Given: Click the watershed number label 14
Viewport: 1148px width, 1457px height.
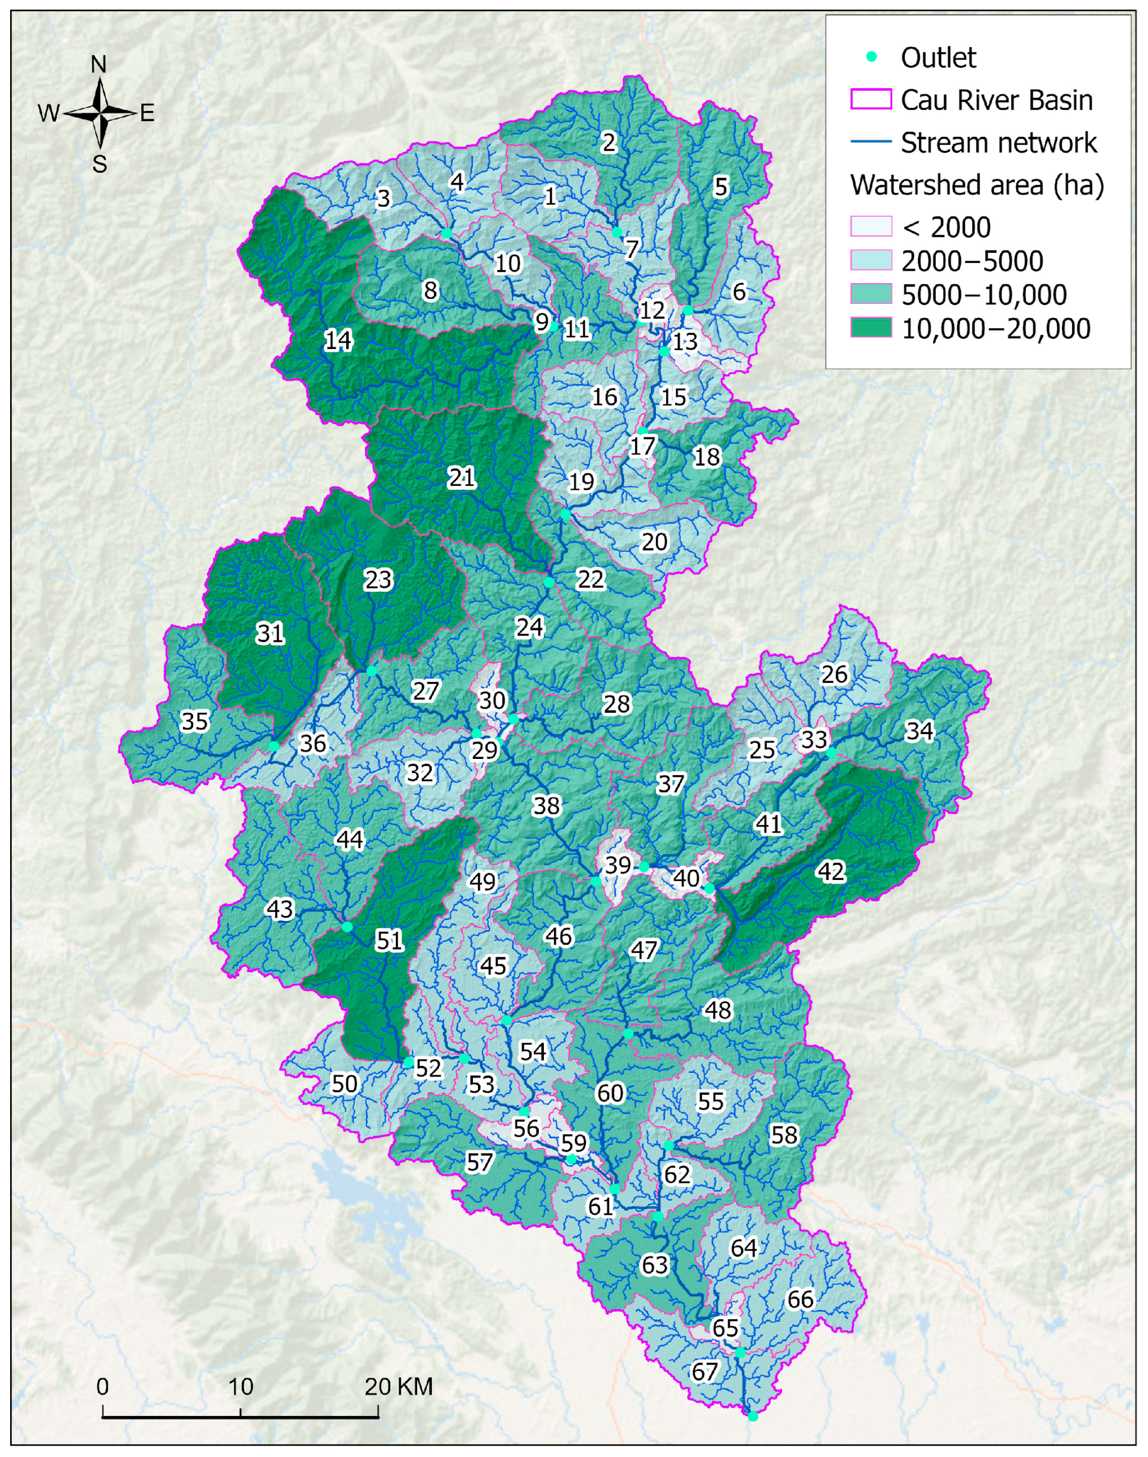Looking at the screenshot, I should point(337,340).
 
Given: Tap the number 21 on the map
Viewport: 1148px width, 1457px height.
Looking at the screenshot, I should point(462,477).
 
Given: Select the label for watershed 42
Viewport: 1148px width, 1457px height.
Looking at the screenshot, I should point(831,871).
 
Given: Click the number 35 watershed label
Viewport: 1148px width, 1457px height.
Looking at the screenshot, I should point(195,721).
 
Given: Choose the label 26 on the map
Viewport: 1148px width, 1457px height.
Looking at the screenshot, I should point(834,674).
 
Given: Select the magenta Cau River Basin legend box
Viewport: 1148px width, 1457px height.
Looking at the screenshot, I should point(871,100).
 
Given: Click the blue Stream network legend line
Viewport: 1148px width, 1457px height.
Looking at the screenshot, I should point(871,142).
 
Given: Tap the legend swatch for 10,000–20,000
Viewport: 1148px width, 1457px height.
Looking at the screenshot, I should point(871,328).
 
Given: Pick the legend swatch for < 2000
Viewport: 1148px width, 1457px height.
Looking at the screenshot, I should point(871,226).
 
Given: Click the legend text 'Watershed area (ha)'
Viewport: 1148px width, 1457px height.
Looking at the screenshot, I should point(977,184).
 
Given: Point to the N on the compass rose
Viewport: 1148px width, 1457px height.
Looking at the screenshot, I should point(99,65).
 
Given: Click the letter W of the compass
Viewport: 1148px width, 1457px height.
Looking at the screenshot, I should point(49,113).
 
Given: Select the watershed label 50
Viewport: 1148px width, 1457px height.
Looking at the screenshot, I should point(345,1083).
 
